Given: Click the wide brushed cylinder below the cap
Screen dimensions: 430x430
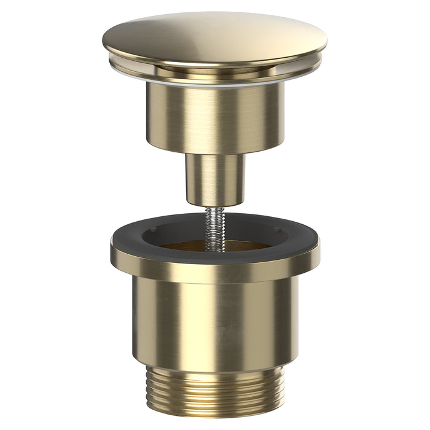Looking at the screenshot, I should click(215, 117).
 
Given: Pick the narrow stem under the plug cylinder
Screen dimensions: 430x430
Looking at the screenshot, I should click(215, 175).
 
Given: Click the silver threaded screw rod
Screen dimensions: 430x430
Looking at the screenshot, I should click(215, 227).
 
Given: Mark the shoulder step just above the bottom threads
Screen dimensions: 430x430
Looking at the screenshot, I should click(215, 367).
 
